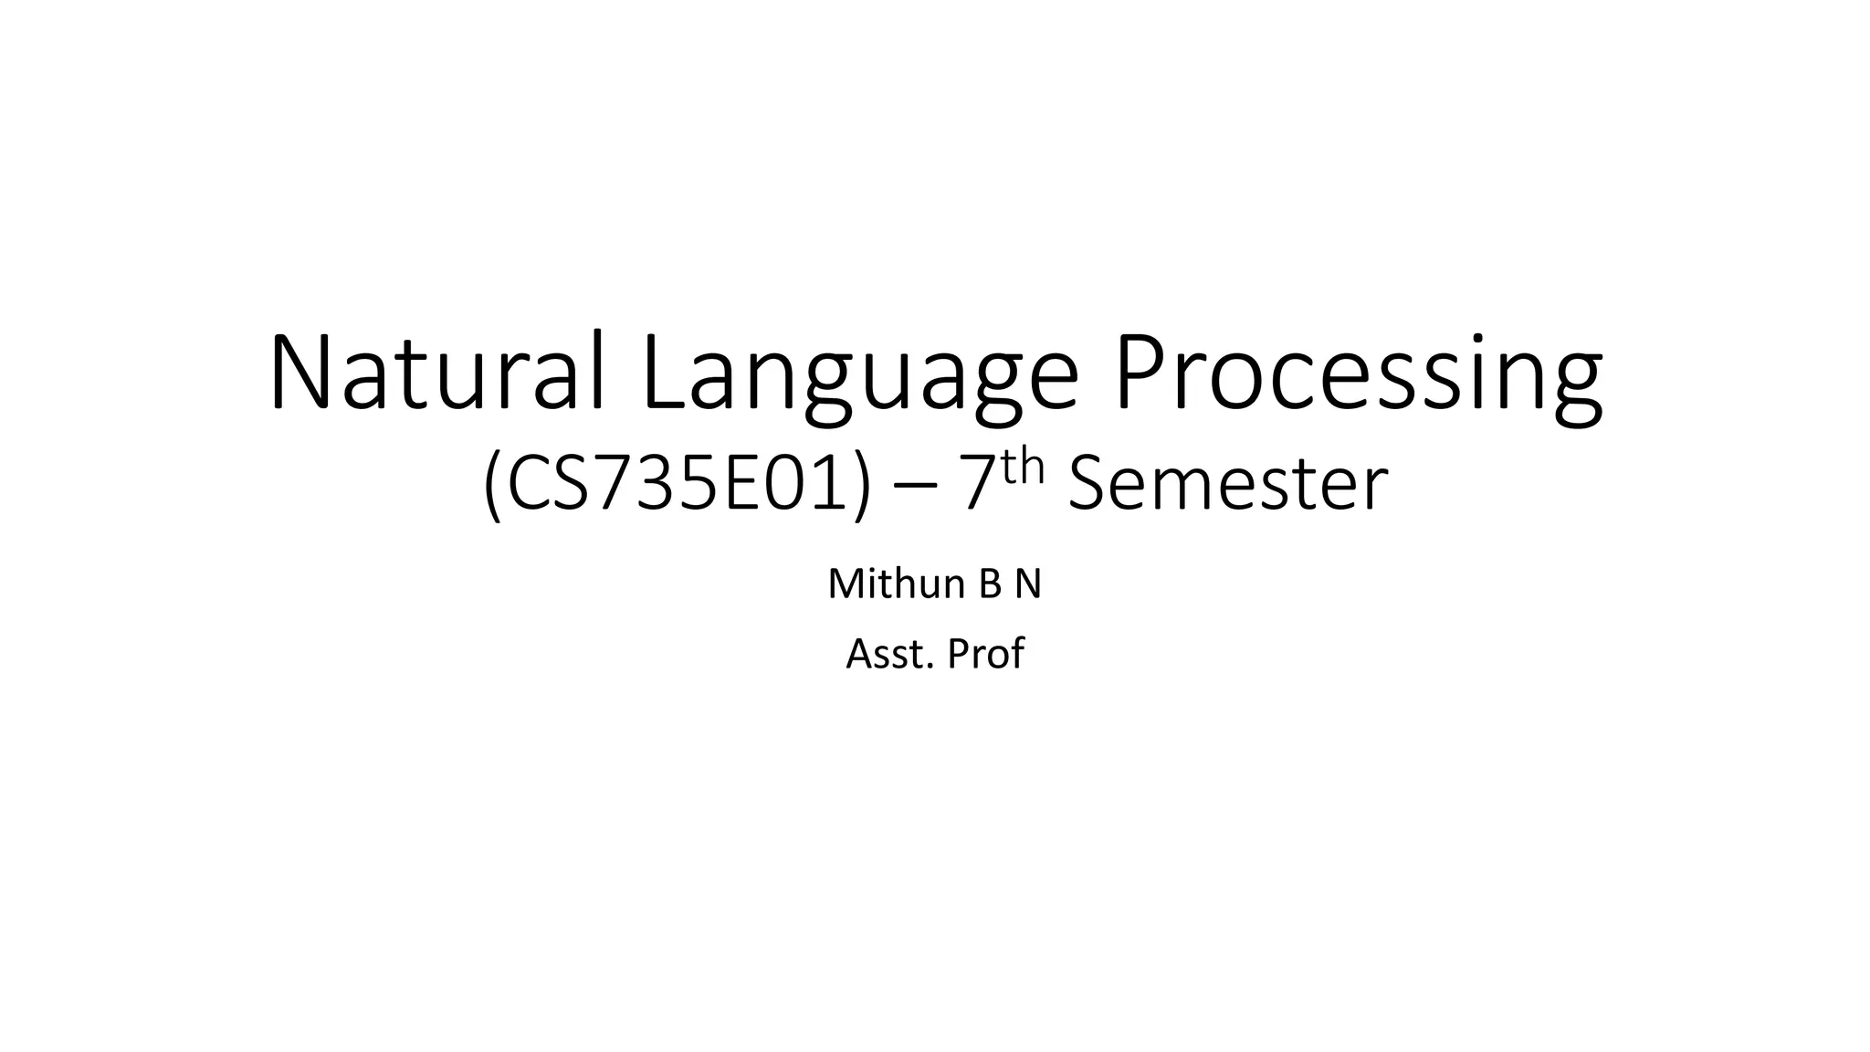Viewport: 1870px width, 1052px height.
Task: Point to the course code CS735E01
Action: [x=678, y=485]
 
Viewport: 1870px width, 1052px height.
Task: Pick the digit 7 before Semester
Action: [x=976, y=485]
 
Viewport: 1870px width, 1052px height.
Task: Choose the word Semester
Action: [x=1227, y=485]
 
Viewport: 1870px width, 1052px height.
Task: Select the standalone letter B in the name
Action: [x=991, y=585]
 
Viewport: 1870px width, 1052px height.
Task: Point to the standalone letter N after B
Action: [x=1027, y=585]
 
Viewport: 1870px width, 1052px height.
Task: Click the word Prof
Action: [x=986, y=654]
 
